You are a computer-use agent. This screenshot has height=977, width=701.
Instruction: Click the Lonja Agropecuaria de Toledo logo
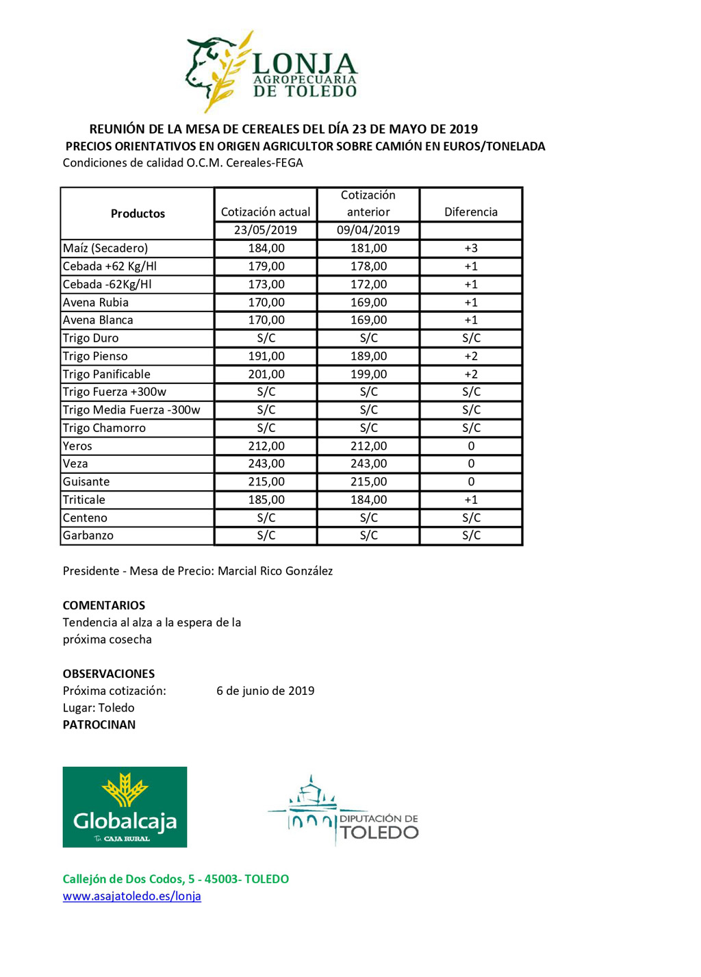click(x=272, y=73)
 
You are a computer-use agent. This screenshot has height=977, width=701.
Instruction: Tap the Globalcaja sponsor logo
click(x=125, y=807)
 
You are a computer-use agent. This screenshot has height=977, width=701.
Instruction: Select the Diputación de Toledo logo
click(x=343, y=812)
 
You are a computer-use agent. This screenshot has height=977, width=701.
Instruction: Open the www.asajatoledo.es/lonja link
click(x=132, y=896)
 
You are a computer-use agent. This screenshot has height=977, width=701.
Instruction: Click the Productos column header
click(x=138, y=214)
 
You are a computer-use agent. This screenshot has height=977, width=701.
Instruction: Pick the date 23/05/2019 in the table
click(x=266, y=230)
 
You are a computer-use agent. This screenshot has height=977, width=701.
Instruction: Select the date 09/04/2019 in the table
click(x=368, y=230)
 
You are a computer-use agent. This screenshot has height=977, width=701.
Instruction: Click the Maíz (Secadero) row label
click(x=105, y=249)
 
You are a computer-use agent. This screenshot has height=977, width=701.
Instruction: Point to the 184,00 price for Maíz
click(x=266, y=249)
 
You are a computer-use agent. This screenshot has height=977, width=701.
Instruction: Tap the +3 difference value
click(x=471, y=249)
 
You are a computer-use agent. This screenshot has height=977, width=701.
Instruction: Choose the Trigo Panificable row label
click(x=107, y=375)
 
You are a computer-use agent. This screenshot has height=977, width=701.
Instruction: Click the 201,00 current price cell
click(x=266, y=375)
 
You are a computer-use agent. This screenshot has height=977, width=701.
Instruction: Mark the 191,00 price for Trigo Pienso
click(x=266, y=356)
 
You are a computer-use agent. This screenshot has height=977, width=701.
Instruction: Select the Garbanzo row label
click(x=88, y=535)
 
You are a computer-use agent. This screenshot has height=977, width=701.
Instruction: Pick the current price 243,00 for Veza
click(x=266, y=464)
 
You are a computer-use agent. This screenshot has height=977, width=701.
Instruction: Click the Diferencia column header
click(x=471, y=212)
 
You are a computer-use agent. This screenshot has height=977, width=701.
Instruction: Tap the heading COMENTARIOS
click(x=104, y=605)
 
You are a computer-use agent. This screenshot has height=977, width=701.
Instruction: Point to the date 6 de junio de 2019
click(x=266, y=691)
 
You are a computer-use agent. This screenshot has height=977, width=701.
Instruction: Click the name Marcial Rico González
click(x=275, y=571)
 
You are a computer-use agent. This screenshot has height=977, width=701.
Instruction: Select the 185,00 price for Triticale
click(x=266, y=500)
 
